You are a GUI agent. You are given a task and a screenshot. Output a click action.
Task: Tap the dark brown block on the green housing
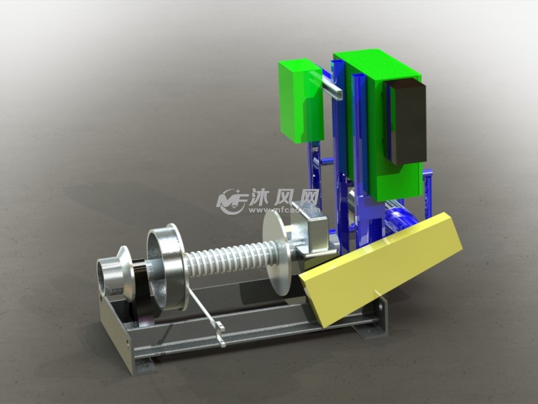[x=406, y=122]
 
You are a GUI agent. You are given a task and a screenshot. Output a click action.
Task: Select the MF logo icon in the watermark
[x=232, y=200]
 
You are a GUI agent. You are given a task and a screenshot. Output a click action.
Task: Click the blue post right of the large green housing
[x=430, y=191]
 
